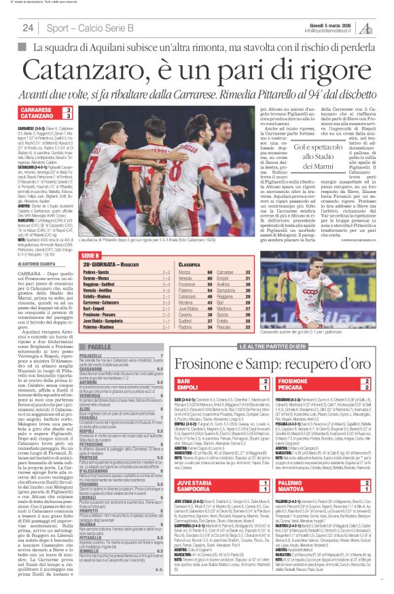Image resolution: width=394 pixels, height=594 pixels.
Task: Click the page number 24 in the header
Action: point(28,27)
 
